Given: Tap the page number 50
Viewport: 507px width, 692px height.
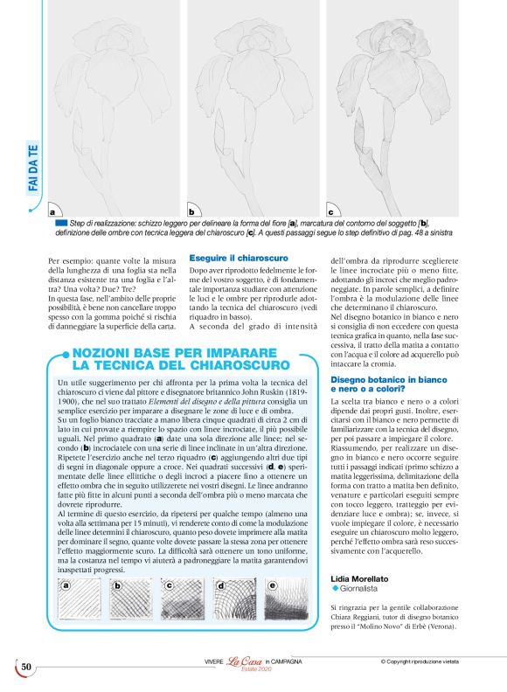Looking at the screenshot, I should point(26,668).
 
